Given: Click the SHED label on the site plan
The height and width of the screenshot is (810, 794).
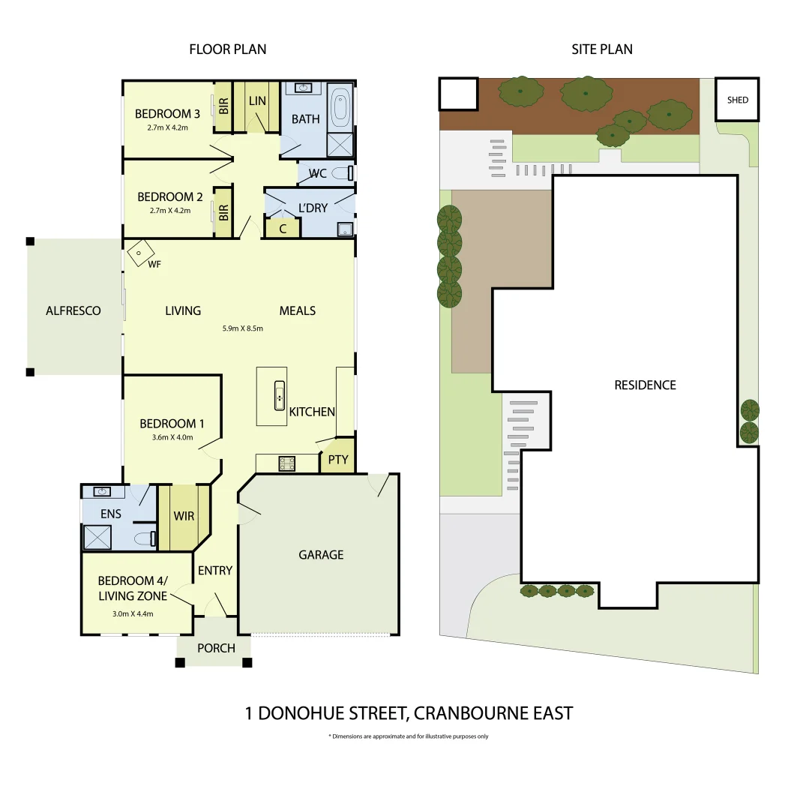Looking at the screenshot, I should click(x=738, y=100).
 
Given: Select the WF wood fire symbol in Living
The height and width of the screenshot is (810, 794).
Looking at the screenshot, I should click(x=140, y=253).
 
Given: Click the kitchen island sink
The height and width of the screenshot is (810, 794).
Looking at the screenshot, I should click(x=279, y=395).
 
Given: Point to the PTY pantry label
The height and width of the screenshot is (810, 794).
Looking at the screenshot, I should click(x=338, y=459).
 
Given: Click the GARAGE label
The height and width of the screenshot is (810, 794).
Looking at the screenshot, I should click(x=321, y=555).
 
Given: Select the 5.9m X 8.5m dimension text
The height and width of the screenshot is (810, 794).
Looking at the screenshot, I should click(x=242, y=328).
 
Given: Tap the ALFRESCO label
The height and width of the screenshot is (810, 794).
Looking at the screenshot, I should click(x=73, y=310).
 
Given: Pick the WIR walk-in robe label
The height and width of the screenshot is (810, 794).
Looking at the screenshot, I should click(x=184, y=517).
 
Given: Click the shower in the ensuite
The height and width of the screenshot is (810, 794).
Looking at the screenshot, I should click(x=96, y=538).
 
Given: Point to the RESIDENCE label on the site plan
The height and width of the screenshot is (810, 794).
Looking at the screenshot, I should click(x=645, y=385).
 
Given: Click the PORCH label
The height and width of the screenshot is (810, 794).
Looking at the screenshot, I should click(x=215, y=648).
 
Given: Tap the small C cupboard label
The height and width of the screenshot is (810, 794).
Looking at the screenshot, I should click(x=283, y=229).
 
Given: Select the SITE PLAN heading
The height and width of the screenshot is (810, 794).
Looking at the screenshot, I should click(x=601, y=49).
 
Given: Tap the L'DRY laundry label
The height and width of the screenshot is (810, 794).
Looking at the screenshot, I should click(x=313, y=208).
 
